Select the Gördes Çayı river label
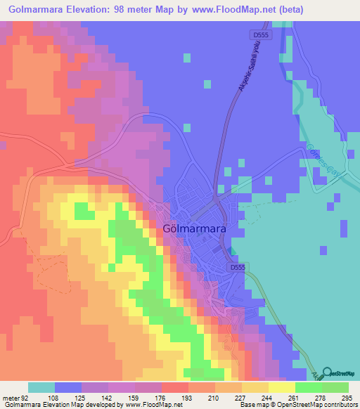[321, 162]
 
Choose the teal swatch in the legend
[41, 387]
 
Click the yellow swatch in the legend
[283, 387]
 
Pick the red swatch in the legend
[175, 387]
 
